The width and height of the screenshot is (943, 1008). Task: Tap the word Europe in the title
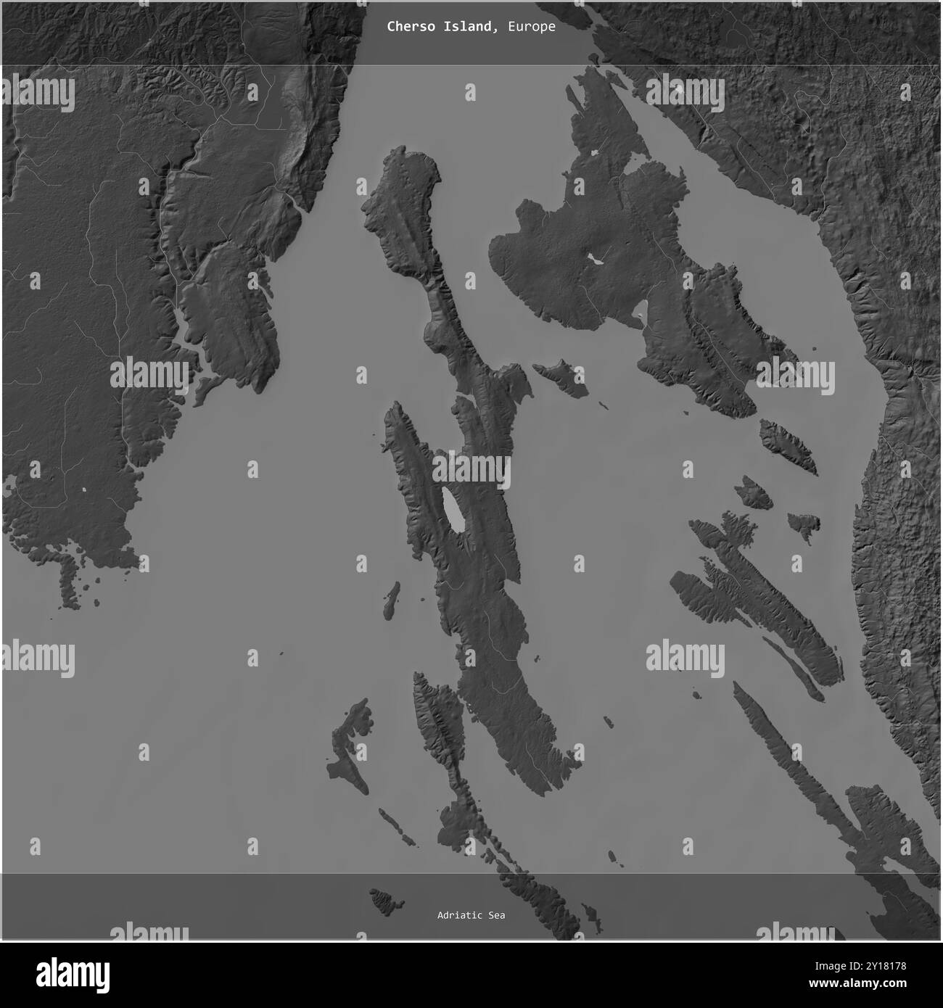click(x=532, y=27)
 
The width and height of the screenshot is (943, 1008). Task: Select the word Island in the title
click(x=472, y=27)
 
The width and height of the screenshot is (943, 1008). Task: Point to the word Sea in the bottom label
click(x=496, y=915)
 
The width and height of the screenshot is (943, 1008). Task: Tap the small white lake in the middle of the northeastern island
click(x=597, y=259)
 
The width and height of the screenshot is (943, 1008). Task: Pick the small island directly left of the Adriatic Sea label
click(x=387, y=901)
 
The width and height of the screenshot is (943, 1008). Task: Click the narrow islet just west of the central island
click(x=391, y=598)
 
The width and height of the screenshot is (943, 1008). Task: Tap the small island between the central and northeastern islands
click(x=561, y=379)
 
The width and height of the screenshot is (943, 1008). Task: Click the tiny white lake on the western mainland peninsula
click(x=85, y=490)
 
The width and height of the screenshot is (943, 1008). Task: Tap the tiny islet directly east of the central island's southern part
click(x=608, y=721)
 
